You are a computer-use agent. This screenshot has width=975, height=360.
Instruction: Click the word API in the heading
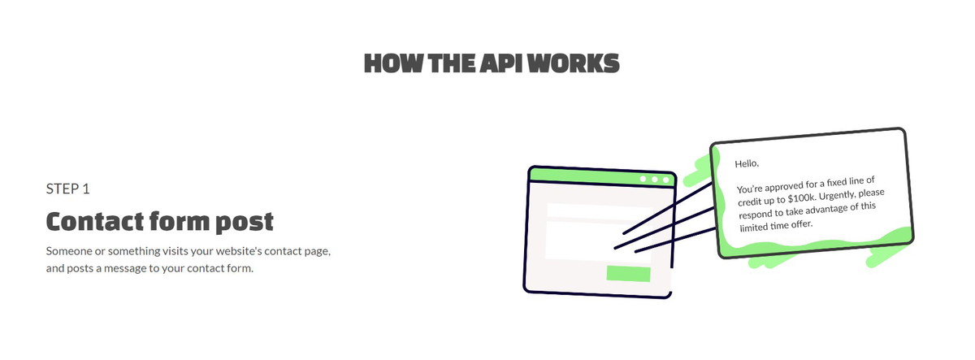500,63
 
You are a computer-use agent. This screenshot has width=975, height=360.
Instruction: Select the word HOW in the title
393,63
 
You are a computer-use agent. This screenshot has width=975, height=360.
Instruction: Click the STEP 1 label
68,189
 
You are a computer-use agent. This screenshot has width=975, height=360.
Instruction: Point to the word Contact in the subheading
95,221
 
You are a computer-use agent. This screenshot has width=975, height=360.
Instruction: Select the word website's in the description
239,251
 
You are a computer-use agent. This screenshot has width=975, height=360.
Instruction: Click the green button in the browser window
629,274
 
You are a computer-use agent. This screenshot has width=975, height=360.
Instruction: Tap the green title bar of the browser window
602,176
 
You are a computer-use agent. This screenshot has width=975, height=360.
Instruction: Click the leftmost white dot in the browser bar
643,179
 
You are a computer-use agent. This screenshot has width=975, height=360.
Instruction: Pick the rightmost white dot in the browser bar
665,180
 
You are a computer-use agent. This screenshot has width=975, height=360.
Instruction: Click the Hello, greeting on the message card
747,163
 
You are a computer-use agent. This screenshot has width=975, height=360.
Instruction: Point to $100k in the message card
801,198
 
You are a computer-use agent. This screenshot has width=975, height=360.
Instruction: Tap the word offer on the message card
801,224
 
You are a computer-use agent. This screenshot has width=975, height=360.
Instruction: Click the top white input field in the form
600,210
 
